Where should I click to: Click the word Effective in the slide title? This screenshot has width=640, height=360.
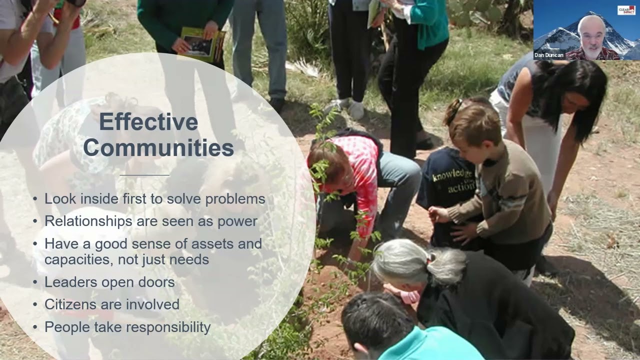click(x=148, y=122)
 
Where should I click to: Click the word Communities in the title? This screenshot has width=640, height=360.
click(x=158, y=147)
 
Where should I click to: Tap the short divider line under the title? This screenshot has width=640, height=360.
click(x=145, y=175)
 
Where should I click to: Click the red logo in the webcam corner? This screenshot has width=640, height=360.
click(x=626, y=10)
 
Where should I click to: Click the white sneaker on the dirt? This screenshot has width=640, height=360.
click(x=355, y=109)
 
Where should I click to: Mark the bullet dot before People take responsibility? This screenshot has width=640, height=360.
click(x=35, y=327)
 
